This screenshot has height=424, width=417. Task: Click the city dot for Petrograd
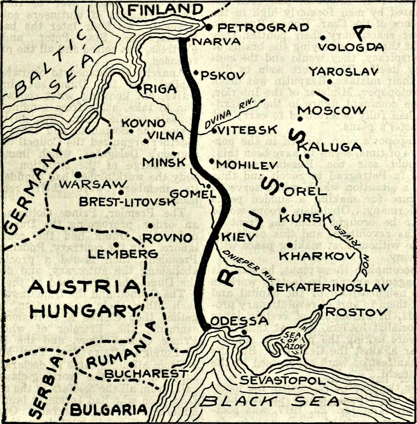pos(209,28)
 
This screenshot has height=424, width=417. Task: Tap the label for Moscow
pos(331,110)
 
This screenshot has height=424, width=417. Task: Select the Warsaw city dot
pos(78,175)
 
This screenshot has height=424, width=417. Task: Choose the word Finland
pos(165,9)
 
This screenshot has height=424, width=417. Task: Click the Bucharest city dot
pos(131,364)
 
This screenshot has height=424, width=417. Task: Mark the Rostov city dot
pos(321,307)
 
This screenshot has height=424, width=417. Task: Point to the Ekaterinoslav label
pos(332,287)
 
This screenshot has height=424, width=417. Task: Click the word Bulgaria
pos(109,410)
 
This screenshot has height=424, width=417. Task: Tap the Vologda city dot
pos(323,38)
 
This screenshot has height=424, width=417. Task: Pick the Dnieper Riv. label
pos(249,265)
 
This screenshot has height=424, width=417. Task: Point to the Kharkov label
pos(317,256)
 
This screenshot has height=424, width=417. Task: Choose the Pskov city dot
pos(196,73)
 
